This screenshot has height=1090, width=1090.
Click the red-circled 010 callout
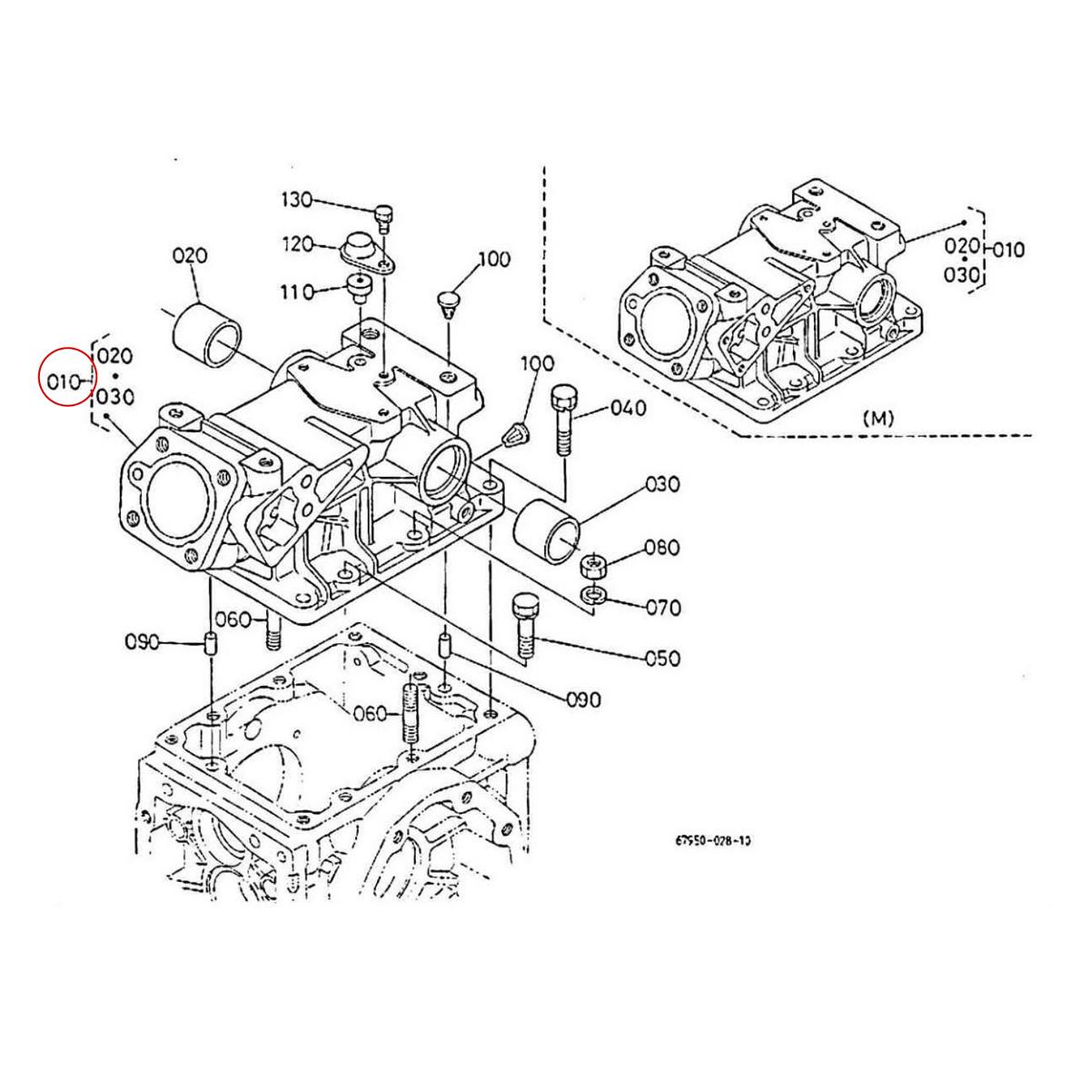65,381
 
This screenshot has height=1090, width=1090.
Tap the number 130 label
296,200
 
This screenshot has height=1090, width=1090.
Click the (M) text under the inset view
878,419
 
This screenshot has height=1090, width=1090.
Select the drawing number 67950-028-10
712,840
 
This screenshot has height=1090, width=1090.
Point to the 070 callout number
661,607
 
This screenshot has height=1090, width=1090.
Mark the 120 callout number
296,244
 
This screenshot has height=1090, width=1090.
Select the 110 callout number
296,292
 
